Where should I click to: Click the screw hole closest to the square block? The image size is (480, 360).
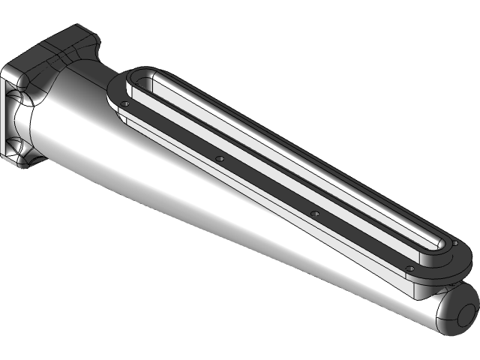coord(127,104)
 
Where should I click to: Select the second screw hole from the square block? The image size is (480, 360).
coord(219,158)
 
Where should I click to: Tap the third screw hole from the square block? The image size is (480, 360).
coord(314,213)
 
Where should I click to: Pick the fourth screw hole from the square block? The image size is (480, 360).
coord(409,268)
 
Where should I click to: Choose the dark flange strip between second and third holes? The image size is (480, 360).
coord(266,184)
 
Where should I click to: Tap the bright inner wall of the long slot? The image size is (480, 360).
coord(300,161)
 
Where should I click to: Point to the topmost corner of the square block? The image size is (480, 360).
coord(79,26)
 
